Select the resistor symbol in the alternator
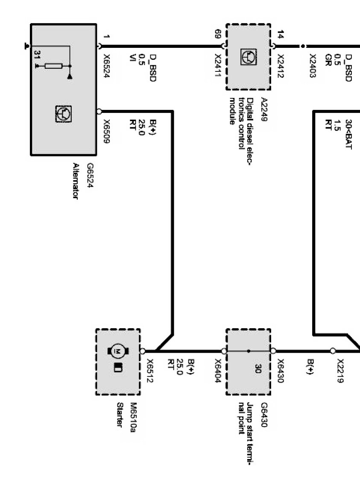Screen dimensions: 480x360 [x=54, y=66]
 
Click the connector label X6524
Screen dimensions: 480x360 [x=107, y=68]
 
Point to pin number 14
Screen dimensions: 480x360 [x=281, y=33]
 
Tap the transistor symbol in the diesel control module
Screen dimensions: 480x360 [x=248, y=57]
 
